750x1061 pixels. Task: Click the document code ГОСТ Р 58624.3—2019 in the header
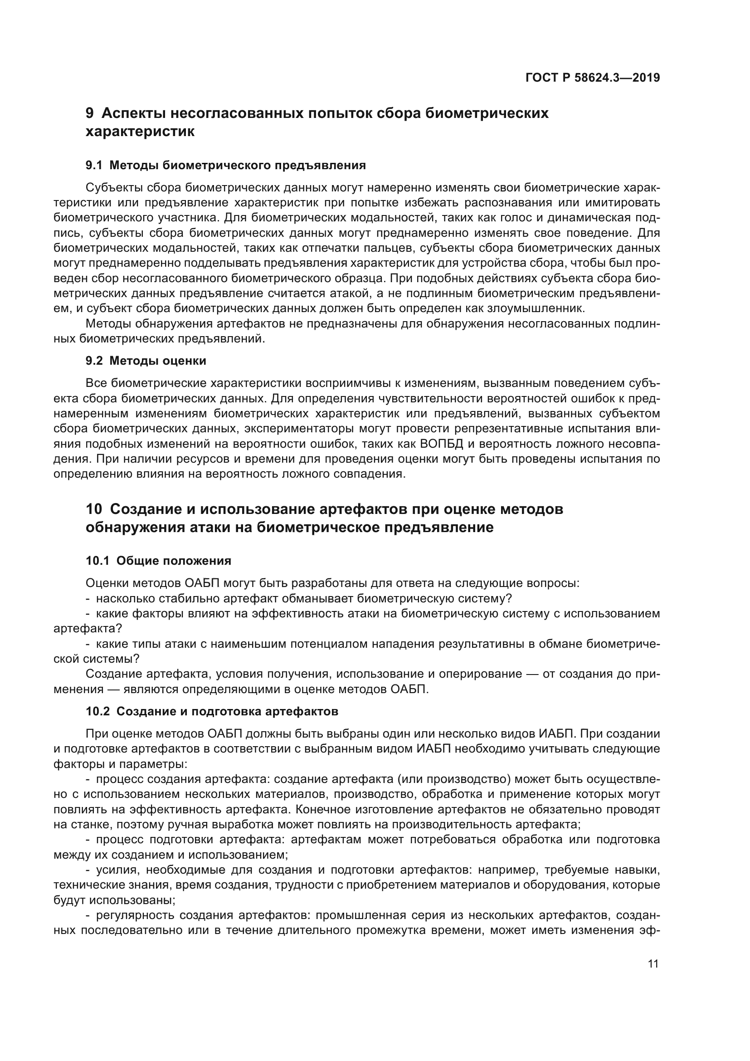[x=593, y=78]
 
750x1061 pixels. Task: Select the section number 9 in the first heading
[x=90, y=113]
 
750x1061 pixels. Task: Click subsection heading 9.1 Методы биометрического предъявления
[x=226, y=166]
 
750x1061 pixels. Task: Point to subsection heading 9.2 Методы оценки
[x=146, y=361]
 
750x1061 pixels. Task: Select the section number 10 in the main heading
[x=94, y=509]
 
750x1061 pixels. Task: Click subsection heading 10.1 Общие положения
[x=158, y=561]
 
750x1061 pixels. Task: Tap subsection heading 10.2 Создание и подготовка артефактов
[x=212, y=711]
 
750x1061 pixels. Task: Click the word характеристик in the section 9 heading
[x=140, y=132]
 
